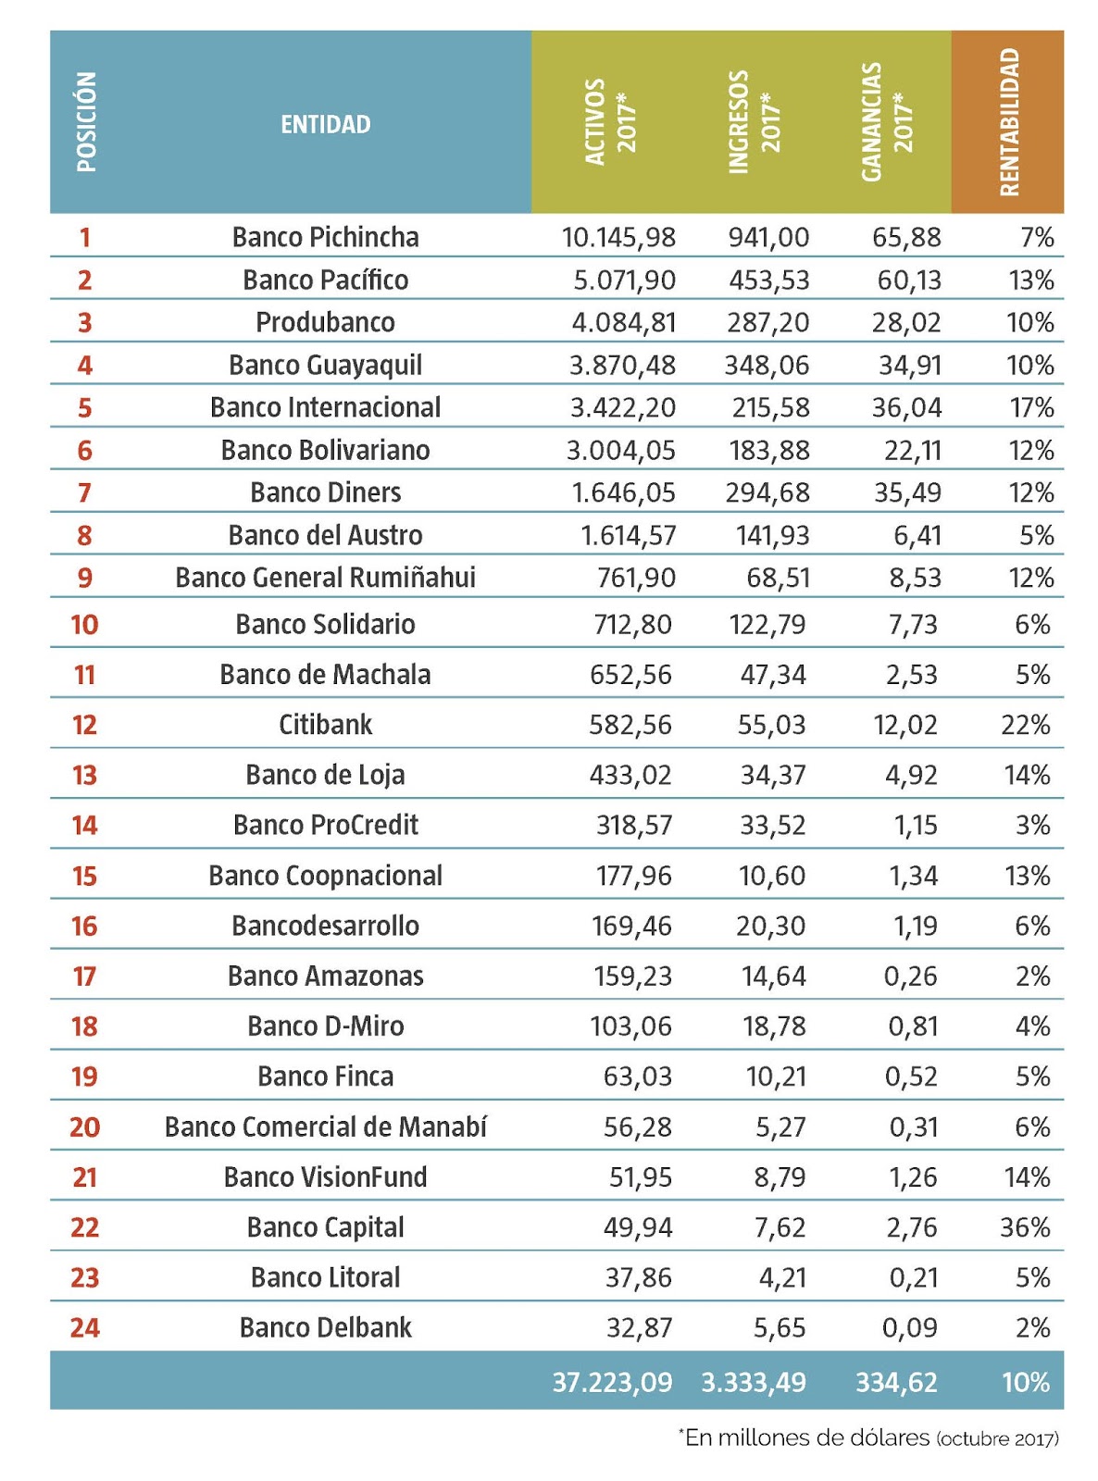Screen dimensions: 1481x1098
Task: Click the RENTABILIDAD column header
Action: pos(1008,122)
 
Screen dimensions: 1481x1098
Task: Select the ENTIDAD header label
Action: pos(325,124)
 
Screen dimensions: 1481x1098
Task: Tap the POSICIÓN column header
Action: pos(86,122)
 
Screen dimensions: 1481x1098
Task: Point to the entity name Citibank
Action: pos(325,725)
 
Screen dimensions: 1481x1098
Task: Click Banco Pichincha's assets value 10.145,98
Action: pos(618,238)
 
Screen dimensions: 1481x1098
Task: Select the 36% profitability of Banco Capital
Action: pos(1025,1227)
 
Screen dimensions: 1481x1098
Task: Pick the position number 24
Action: pos(84,1328)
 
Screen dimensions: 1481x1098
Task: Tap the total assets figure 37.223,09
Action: pos(612,1383)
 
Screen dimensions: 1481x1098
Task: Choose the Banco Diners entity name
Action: pos(325,492)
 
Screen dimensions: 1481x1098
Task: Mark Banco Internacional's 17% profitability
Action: pos(1030,408)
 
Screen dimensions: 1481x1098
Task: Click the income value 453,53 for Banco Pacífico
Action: pos(768,280)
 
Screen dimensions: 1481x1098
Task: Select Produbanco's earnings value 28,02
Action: pos(906,323)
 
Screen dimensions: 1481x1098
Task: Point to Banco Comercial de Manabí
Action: pos(325,1127)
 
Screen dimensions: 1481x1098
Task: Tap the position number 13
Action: pos(84,776)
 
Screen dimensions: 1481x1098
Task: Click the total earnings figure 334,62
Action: pos(896,1383)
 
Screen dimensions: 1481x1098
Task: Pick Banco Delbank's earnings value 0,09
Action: pos(909,1328)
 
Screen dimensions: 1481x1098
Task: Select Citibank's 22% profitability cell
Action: pos(1025,725)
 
